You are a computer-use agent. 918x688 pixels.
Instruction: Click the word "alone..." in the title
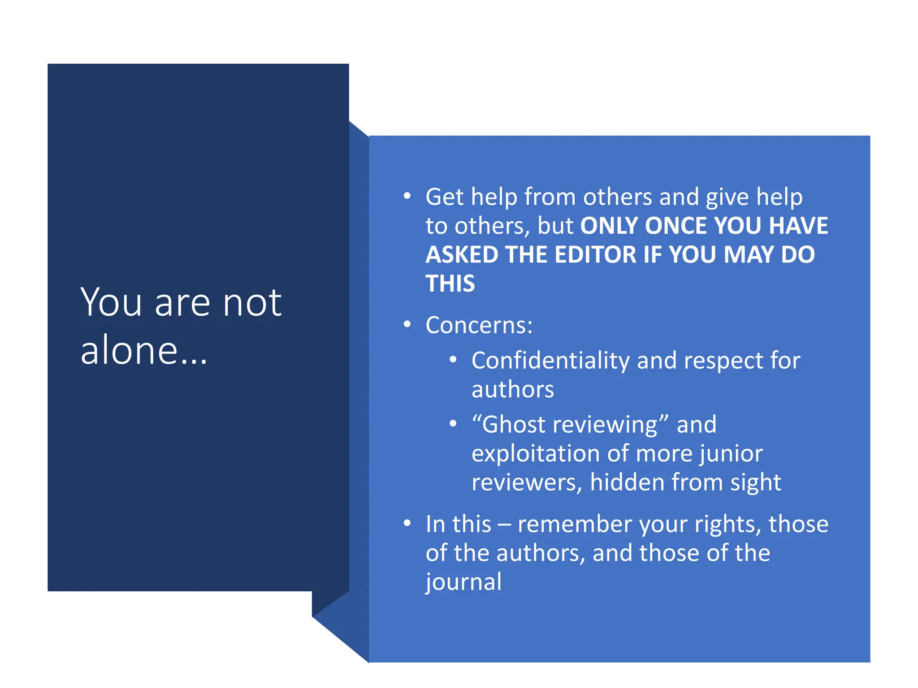point(143,350)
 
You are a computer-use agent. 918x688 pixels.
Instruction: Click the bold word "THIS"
point(450,284)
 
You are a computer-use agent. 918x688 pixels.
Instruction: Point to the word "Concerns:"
point(479,325)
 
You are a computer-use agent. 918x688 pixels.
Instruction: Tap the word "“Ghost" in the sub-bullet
point(508,425)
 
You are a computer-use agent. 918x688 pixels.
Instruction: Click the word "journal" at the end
point(463,582)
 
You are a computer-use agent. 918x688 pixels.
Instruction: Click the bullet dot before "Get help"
point(407,196)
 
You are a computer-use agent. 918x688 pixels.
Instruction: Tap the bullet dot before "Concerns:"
point(407,324)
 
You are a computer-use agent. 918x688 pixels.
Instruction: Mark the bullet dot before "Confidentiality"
point(453,360)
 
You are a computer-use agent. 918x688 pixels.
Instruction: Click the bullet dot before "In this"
point(407,523)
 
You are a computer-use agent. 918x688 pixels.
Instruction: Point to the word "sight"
point(756,483)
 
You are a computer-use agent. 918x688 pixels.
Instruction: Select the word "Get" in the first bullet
point(444,197)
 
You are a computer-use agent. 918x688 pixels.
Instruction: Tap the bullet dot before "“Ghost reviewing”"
point(453,424)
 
